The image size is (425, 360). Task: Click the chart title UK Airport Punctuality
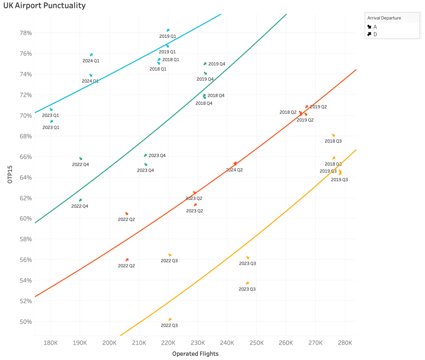[x=44, y=6]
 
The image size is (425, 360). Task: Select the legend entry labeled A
[x=375, y=27]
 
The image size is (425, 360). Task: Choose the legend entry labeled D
[x=375, y=34]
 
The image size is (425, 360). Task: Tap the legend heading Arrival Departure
[x=384, y=18]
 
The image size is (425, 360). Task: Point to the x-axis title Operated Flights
[x=195, y=354]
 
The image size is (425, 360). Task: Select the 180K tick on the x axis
[x=51, y=342]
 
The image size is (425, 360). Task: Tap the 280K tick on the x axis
[x=345, y=342]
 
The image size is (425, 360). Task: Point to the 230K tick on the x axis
[x=198, y=342]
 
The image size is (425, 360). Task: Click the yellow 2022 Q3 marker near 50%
[x=170, y=319]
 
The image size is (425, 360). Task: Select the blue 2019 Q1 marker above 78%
[x=168, y=30]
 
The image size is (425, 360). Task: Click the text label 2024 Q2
[x=234, y=170]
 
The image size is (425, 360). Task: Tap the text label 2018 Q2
[x=288, y=112]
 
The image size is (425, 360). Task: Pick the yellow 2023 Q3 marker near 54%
[x=247, y=283]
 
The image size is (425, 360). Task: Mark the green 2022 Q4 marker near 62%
[x=80, y=200]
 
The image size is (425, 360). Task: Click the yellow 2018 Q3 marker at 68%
[x=333, y=135]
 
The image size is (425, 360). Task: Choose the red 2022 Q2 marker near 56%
[x=127, y=260]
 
